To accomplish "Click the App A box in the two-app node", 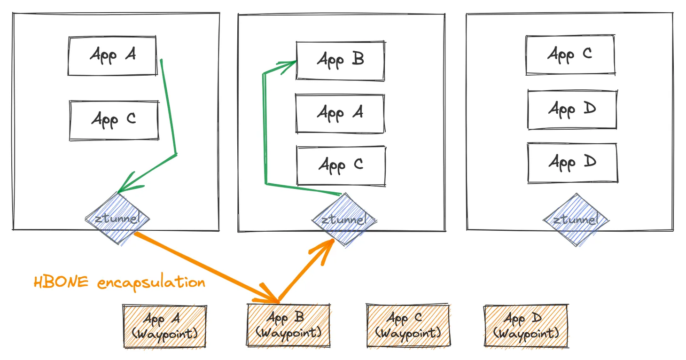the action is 112,56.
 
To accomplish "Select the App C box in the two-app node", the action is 114,120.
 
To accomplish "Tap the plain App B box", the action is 341,61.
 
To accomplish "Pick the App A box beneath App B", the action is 340,113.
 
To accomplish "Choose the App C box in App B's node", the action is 341,166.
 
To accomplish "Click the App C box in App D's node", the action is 570,55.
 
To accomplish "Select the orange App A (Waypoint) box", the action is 165,326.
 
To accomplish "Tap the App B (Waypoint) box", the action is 288,325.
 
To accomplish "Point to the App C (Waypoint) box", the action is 408,326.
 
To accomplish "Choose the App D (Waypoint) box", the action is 526,326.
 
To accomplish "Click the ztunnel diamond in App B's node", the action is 344,219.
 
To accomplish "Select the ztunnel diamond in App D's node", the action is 576,219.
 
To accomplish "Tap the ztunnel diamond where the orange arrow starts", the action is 117,219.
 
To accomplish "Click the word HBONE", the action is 61,282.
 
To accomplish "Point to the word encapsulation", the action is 151,282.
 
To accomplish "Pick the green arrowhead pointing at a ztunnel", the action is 129,183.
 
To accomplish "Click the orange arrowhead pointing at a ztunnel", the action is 323,251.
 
